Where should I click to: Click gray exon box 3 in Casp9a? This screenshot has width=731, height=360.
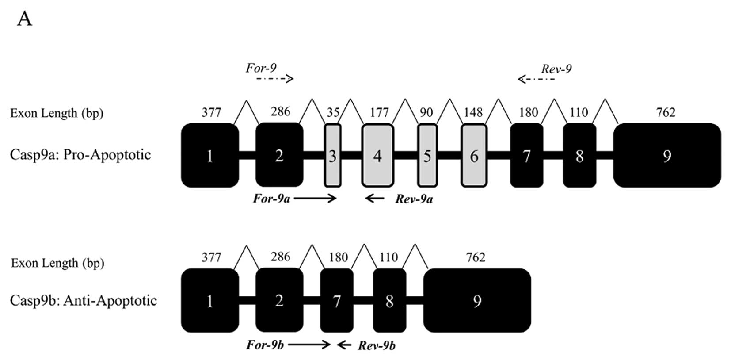coord(333,155)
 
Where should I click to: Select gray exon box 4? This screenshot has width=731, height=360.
coord(377,155)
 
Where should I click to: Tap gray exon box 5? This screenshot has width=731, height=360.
coord(427,155)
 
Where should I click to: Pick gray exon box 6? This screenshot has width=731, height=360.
coord(474,155)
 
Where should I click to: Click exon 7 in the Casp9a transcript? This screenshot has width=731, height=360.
coord(526,155)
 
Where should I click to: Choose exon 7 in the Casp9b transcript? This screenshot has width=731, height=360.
coord(337,301)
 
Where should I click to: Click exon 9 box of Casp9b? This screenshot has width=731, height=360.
coord(477,301)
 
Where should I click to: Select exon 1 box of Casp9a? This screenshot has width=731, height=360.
coord(210,155)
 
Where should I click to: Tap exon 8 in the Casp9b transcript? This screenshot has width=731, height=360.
coord(389,301)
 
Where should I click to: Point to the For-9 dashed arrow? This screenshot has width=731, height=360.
coord(275,79)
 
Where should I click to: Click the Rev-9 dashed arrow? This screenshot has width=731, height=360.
coord(536,79)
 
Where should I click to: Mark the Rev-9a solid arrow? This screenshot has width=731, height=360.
coord(375,199)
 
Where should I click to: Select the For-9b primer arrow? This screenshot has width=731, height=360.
coord(309,345)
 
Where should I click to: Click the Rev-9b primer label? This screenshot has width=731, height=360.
coord(377,345)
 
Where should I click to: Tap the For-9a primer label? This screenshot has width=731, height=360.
coord(271,199)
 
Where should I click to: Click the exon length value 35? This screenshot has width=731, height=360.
coord(333,112)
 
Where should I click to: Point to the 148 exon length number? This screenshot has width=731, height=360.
coord(473,112)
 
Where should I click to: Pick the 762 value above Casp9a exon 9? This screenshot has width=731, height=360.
coord(666,112)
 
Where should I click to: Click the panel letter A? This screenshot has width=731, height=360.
coord(25,19)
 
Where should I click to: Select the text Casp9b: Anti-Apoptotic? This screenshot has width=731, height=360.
coord(84,301)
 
